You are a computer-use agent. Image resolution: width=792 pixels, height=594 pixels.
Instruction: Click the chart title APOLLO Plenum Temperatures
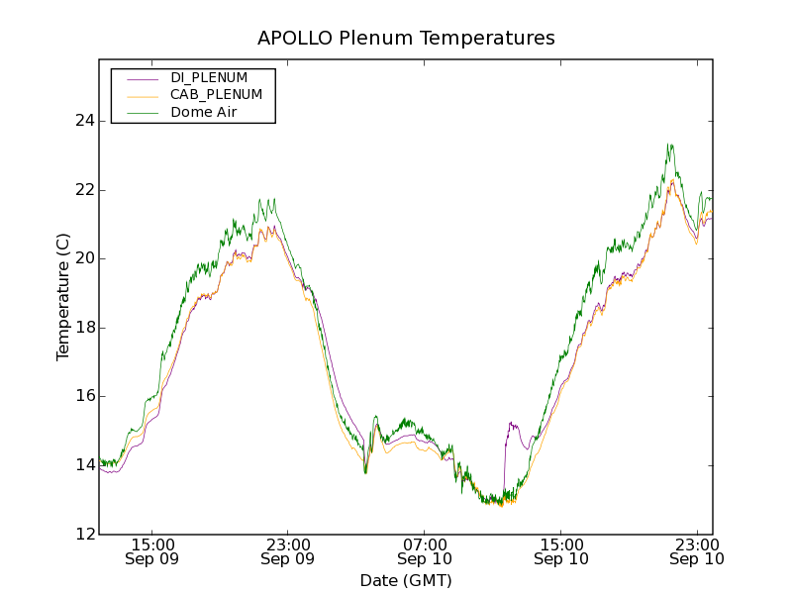coord(406,39)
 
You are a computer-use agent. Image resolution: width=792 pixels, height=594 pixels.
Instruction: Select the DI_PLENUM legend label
coord(209,77)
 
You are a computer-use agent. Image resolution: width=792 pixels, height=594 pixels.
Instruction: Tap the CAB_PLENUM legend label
coord(216,95)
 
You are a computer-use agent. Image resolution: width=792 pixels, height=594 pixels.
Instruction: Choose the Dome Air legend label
coord(203,113)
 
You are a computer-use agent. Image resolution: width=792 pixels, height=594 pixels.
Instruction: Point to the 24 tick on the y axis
coord(85,121)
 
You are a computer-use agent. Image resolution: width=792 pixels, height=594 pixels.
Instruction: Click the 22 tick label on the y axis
coord(85,190)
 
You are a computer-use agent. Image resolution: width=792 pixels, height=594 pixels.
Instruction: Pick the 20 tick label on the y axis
coord(85,258)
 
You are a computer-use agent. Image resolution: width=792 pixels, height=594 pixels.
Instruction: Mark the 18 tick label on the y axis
coord(85,328)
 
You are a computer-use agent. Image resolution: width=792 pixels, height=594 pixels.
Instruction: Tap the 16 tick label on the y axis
coord(85,396)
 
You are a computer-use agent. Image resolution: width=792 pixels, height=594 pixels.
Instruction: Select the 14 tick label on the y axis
coord(85,465)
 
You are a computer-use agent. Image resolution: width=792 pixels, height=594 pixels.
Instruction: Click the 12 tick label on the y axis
coord(85,535)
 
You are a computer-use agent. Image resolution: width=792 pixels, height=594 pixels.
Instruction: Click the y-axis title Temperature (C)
coord(63,297)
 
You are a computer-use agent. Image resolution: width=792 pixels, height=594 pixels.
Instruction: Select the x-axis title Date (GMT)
coord(406,580)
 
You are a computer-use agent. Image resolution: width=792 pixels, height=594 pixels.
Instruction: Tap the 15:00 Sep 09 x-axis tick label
coord(152,551)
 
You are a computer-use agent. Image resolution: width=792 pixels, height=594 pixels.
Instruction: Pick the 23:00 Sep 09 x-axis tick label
coord(288,551)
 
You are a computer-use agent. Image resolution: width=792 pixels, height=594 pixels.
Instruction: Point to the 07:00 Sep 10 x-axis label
coord(424,551)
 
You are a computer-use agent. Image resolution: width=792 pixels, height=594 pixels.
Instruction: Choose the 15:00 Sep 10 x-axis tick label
coord(560,551)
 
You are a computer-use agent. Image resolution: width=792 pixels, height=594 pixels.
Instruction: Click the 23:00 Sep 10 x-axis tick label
coord(696,551)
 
